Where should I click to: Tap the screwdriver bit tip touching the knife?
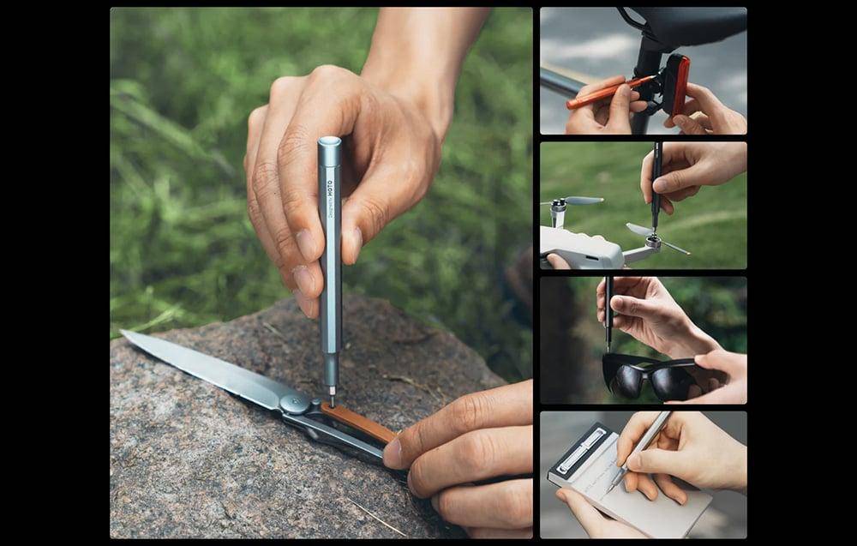point(332,400)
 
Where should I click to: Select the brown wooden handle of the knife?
point(359,423)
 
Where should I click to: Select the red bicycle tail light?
point(679,83)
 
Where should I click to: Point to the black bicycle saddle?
point(686,26)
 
